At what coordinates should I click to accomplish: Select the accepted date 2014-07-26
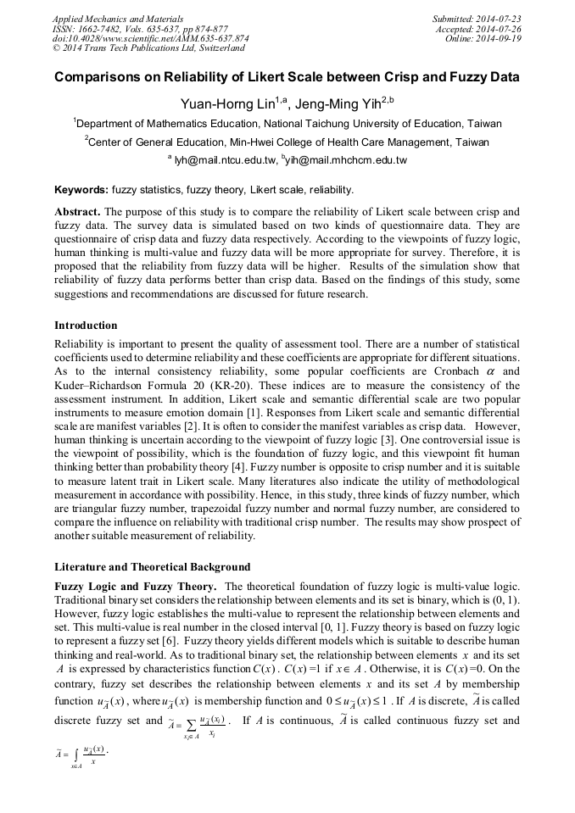(x=499, y=29)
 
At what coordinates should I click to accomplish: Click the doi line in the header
(x=150, y=39)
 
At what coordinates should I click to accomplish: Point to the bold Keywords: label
(x=81, y=190)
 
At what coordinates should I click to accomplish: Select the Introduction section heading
(x=86, y=326)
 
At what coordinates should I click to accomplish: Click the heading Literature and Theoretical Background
(x=153, y=566)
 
